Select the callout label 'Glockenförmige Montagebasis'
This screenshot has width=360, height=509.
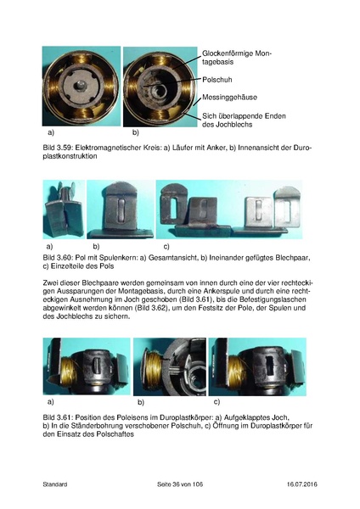pyautogui.click(x=238, y=58)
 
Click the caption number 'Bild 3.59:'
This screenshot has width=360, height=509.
pyautogui.click(x=60, y=148)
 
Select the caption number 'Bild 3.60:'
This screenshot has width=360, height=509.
pyautogui.click(x=60, y=255)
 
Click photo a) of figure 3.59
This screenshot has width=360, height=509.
pyautogui.click(x=82, y=87)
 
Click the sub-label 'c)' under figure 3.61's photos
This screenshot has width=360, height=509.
pyautogui.click(x=217, y=400)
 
